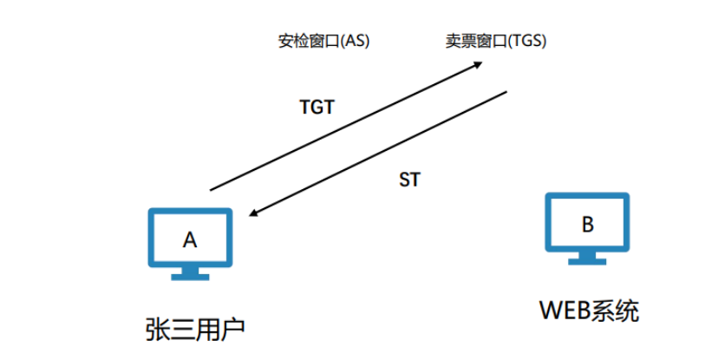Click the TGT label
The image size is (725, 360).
[x=317, y=107]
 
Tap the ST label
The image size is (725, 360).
[x=409, y=180]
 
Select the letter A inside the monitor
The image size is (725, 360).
[x=190, y=239]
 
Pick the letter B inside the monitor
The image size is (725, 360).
[x=587, y=225]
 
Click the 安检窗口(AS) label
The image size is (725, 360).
[x=323, y=41]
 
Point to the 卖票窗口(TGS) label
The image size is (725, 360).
[x=496, y=41]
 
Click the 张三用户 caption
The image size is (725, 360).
[x=195, y=330]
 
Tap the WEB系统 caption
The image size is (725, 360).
[x=590, y=311]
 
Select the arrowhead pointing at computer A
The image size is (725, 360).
[x=253, y=213]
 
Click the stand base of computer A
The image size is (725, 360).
[x=190, y=278]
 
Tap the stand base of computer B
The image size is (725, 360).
[x=587, y=261]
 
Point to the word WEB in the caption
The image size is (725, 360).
[x=564, y=311]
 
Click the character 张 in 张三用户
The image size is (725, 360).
[x=157, y=330]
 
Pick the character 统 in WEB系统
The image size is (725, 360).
[x=627, y=311]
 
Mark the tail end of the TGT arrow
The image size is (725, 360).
[x=211, y=190]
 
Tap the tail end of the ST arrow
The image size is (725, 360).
[x=506, y=92]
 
